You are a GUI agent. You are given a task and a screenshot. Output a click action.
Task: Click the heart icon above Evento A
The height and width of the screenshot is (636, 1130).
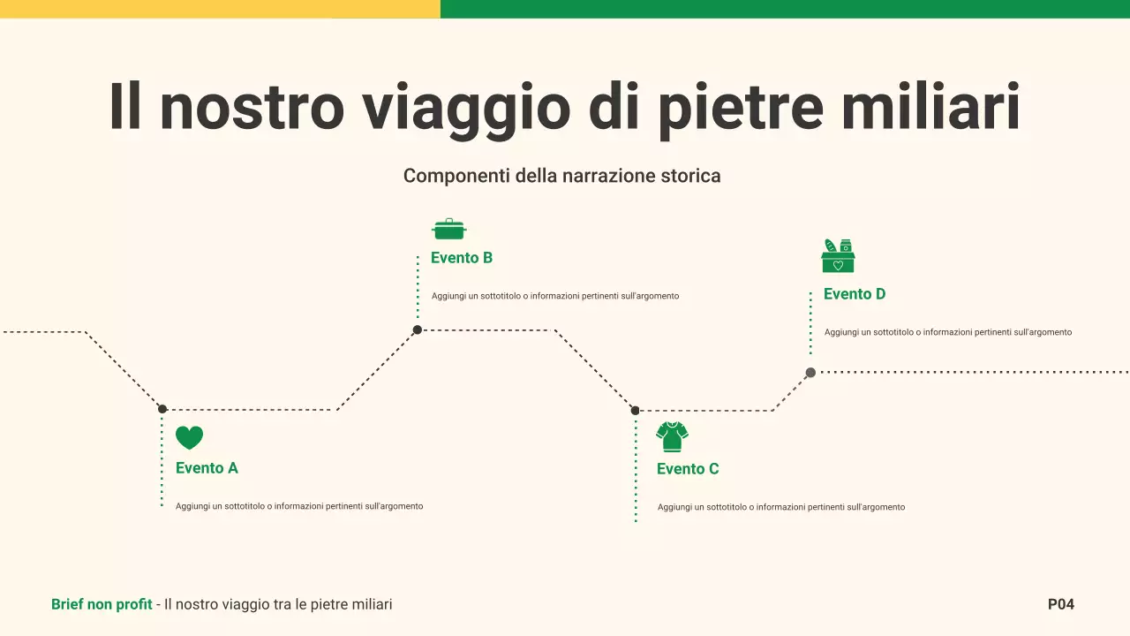click(189, 437)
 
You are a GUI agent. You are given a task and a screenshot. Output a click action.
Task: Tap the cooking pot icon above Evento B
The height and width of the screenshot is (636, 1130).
click(448, 230)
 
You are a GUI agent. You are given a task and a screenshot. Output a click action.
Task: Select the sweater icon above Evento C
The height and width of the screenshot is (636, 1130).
click(672, 436)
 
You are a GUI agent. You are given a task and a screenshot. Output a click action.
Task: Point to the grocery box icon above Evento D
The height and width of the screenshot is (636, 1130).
click(838, 256)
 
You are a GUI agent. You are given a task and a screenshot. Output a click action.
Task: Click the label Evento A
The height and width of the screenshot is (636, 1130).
click(207, 468)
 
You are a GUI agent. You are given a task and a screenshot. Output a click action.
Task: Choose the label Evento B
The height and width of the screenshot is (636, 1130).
click(462, 258)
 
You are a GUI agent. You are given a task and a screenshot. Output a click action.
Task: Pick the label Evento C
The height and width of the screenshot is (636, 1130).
click(688, 469)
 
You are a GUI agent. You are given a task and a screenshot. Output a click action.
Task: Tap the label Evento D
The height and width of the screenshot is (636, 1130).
click(855, 294)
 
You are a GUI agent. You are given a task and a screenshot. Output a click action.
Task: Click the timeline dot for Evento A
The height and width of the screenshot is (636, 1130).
click(162, 409)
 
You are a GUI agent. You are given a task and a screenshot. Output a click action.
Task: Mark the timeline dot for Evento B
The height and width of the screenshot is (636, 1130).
click(418, 330)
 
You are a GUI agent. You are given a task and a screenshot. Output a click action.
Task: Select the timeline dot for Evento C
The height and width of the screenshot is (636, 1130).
click(635, 411)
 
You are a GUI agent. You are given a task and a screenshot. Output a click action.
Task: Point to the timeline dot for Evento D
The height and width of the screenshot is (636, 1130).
click(810, 373)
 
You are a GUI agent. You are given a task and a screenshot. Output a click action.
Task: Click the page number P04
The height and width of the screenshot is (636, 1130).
click(1060, 604)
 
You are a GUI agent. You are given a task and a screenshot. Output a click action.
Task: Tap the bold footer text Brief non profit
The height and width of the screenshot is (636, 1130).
click(102, 604)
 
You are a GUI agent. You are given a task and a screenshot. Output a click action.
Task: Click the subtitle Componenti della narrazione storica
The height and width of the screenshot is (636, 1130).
click(561, 176)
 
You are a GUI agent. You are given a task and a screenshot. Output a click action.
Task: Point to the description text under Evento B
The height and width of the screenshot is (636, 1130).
click(555, 296)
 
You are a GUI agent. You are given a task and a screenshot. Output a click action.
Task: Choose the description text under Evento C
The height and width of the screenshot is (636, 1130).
click(781, 507)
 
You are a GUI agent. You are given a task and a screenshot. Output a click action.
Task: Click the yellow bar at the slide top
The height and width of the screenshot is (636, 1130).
click(220, 9)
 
